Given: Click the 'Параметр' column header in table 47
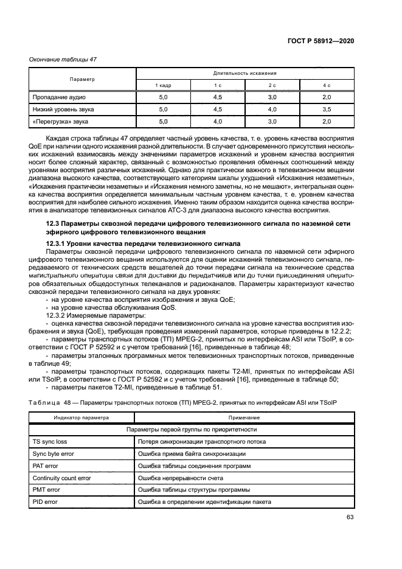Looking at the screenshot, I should [x=82, y=79].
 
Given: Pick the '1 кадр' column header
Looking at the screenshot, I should [x=163, y=85].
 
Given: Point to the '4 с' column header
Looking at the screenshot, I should [x=326, y=85].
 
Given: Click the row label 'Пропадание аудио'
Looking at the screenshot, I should [x=59, y=97].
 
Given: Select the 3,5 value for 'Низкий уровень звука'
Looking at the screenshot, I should [x=326, y=110].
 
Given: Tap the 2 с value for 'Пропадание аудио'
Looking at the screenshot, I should [x=272, y=97].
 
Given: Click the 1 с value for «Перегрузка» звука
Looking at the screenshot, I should [x=217, y=122].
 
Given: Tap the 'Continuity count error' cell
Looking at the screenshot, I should [x=61, y=478].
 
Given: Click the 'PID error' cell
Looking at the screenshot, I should [x=46, y=502].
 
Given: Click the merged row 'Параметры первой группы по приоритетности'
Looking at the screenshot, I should [x=192, y=430].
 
